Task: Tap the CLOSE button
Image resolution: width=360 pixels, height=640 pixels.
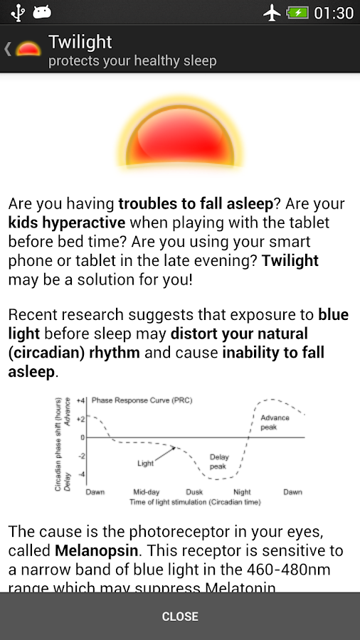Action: coord(180,616)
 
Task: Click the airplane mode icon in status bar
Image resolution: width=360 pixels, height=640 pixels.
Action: coord(272,13)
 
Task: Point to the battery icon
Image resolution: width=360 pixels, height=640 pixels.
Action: coord(297,13)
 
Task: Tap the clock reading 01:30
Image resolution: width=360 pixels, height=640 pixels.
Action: coord(333,13)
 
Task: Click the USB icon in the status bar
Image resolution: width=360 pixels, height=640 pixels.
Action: coord(18,13)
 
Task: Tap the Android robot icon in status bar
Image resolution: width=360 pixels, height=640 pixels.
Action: coord(43,13)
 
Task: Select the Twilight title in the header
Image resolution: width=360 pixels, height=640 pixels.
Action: coord(80,42)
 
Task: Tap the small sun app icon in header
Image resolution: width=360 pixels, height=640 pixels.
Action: coord(28,49)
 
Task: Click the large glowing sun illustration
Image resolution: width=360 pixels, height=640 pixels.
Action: coord(180,135)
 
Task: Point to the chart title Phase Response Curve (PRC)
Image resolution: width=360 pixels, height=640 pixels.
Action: coord(142,400)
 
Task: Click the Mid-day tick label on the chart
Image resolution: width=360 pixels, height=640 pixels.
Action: coord(146,492)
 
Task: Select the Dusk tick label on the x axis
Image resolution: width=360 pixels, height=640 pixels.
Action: coord(194,492)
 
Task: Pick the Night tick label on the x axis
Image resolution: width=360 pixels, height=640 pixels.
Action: coord(242,492)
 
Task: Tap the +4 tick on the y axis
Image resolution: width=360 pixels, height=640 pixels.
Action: coord(81,400)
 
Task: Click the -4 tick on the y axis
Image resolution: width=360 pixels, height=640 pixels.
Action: coord(81,474)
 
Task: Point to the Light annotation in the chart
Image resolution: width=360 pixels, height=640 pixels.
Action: coord(145,463)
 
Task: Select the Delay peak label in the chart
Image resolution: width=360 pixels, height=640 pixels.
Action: coord(218,462)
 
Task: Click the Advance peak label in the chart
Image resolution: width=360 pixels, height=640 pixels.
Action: coord(275,422)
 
